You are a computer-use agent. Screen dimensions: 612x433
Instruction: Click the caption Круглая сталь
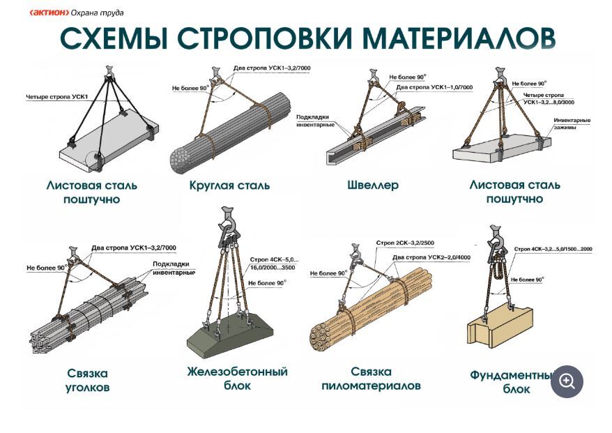pyautogui.click(x=229, y=185)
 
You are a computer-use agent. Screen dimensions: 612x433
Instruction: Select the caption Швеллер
pyautogui.click(x=373, y=185)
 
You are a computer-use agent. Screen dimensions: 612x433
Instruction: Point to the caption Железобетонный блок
pyautogui.click(x=237, y=379)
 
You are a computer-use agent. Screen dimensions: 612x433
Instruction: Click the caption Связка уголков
pyautogui.click(x=87, y=380)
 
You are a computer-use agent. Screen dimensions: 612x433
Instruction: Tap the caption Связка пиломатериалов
pyautogui.click(x=371, y=379)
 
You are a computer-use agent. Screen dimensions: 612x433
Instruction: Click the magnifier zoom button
pyautogui.click(x=567, y=381)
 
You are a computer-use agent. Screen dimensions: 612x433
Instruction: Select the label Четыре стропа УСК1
pyautogui.click(x=57, y=96)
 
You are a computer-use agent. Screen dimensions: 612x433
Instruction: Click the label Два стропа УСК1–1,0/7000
pyautogui.click(x=434, y=87)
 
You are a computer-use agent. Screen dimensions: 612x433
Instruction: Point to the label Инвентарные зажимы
pyautogui.click(x=572, y=123)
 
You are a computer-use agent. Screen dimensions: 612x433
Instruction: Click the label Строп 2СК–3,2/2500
pyautogui.click(x=405, y=243)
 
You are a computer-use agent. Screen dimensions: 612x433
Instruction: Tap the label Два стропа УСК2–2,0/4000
pyautogui.click(x=431, y=257)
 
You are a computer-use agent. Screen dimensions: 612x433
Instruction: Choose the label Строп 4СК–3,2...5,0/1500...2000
pyautogui.click(x=553, y=249)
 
